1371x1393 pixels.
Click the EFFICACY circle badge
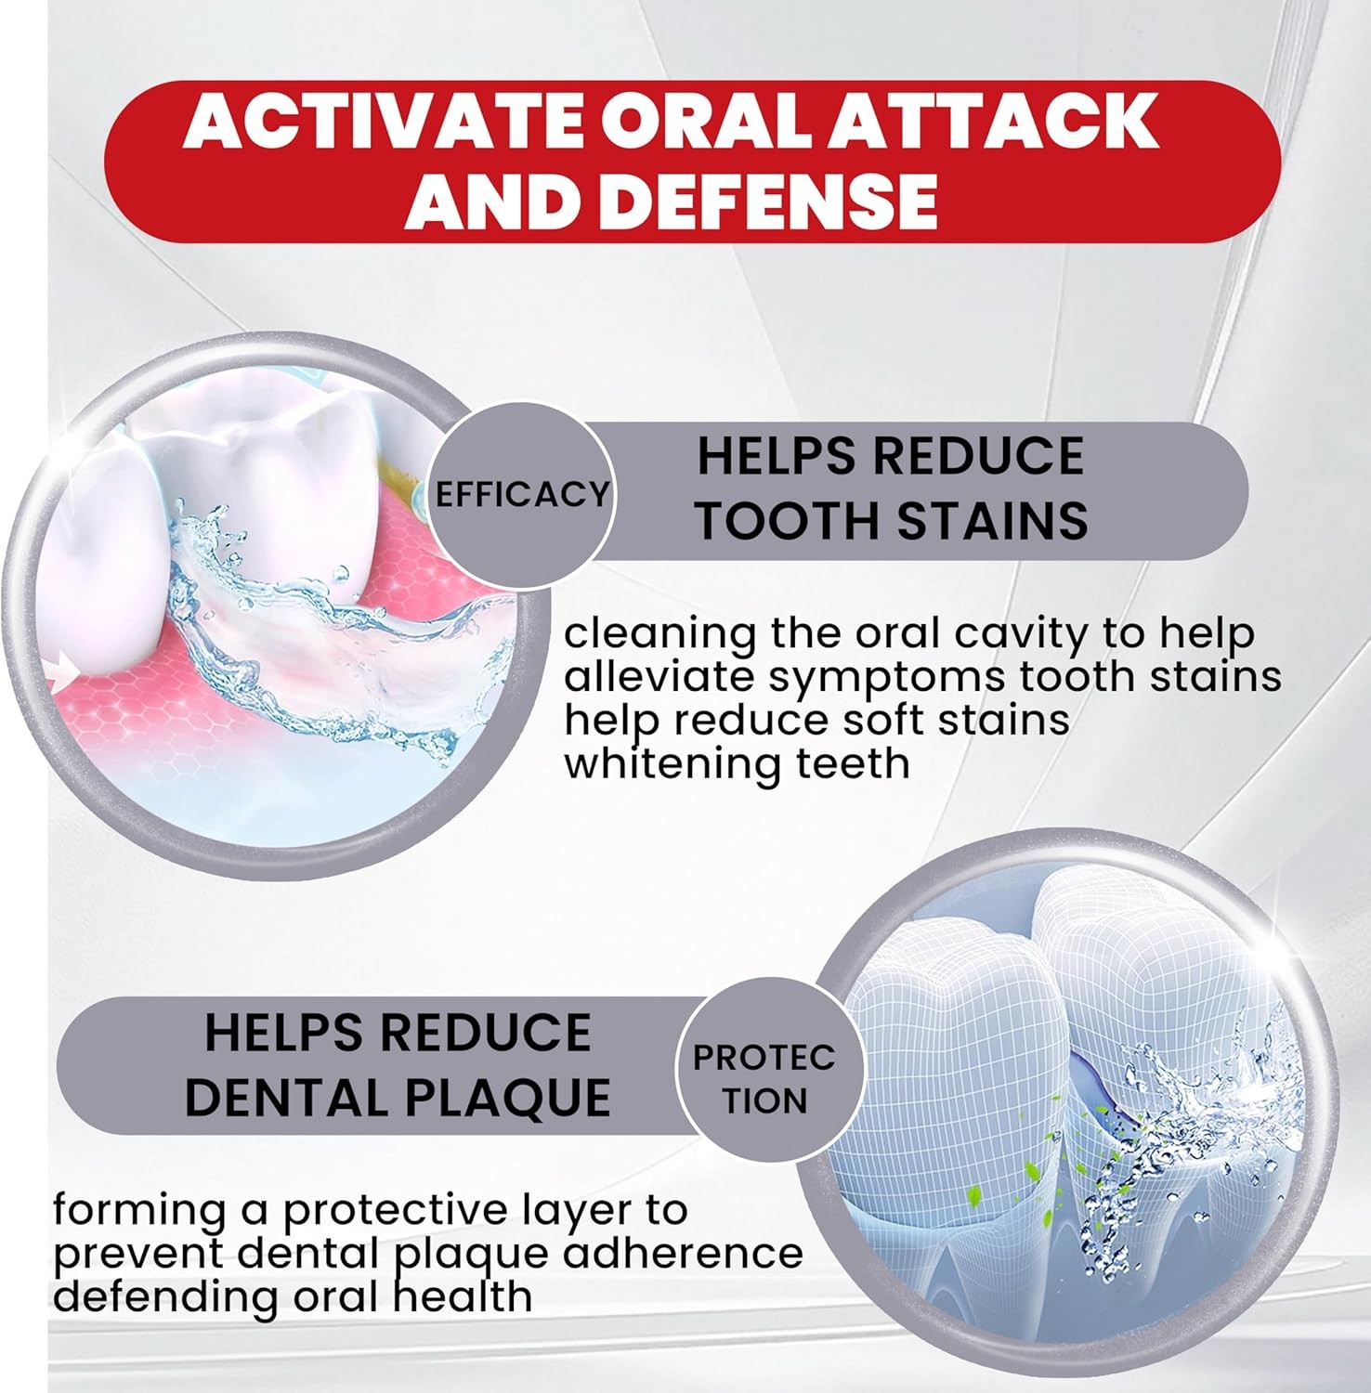(522, 493)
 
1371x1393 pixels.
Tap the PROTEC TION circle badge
(764, 1079)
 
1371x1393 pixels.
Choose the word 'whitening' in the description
(672, 765)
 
